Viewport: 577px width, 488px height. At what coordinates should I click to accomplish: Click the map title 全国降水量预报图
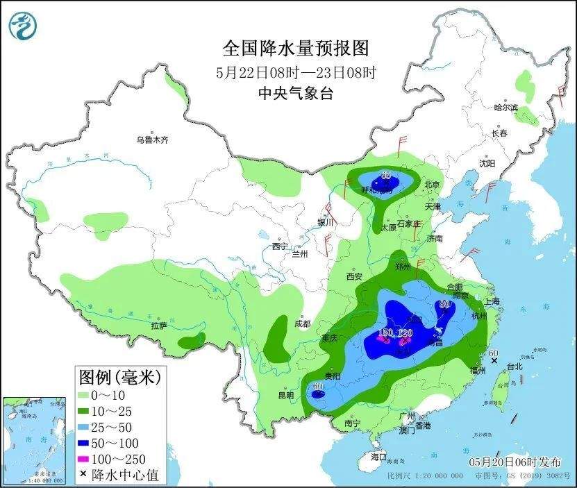pos(295,49)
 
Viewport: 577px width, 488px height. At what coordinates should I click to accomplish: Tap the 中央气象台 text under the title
pos(295,94)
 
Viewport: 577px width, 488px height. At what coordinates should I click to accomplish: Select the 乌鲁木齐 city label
pos(152,140)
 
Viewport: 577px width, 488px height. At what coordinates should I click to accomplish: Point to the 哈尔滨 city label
pos(505,108)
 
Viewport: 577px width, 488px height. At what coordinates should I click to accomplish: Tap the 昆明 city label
pos(285,395)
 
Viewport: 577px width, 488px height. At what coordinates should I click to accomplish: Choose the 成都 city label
pos(302,323)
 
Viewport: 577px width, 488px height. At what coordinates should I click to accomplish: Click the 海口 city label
pos(378,457)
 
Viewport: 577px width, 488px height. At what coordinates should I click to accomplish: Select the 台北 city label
pos(514,366)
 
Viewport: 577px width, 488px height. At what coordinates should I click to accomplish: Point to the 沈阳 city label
pos(487,164)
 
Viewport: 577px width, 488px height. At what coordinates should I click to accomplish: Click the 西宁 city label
pos(279,246)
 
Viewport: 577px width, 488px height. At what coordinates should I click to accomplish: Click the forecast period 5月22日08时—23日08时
pos(295,71)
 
